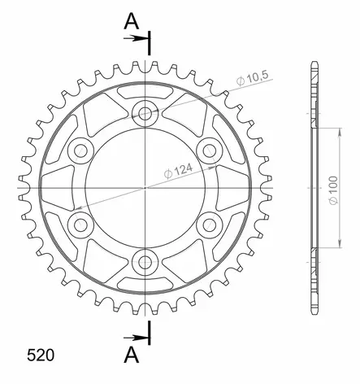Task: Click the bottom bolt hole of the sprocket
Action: tap(146, 261)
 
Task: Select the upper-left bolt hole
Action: tap(82, 150)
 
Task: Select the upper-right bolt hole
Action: tap(210, 150)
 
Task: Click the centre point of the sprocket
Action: tap(146, 187)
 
